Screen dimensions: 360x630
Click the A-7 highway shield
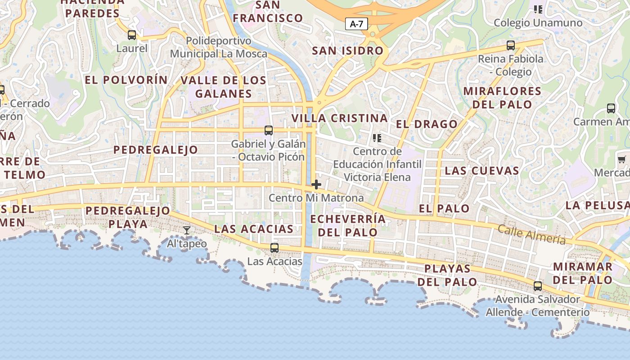[356, 24]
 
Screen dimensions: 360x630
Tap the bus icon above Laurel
[131, 35]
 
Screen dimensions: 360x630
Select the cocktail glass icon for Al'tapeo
[187, 230]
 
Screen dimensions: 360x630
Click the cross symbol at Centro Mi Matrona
[316, 184]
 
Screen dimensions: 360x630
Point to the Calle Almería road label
[531, 234]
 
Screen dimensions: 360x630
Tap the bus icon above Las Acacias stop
[274, 247]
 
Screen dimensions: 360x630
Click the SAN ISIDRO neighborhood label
[347, 51]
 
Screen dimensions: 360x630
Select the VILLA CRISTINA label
[339, 118]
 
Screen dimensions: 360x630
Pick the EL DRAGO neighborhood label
[426, 124]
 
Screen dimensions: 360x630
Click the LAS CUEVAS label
[481, 171]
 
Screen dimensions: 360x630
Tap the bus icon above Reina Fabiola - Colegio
[510, 45]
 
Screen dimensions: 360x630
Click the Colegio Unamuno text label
[538, 23]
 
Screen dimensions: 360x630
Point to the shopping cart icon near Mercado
[621, 159]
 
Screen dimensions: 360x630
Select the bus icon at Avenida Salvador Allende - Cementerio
[537, 286]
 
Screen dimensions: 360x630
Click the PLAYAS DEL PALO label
[447, 275]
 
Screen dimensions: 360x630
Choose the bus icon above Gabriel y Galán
[268, 130]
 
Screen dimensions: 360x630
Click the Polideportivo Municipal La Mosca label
[218, 47]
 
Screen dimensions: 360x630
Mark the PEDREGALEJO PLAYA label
[128, 217]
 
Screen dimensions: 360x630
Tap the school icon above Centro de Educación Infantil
[377, 138]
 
